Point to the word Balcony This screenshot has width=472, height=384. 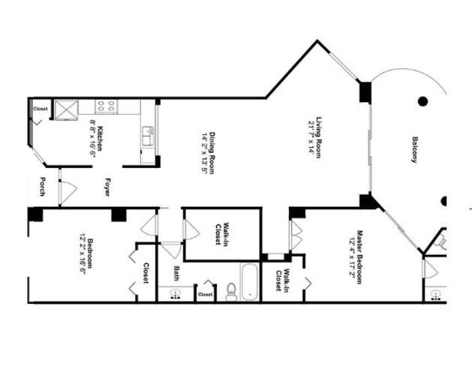(413, 150)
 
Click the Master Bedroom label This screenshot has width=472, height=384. (360, 257)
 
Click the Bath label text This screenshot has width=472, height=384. (176, 274)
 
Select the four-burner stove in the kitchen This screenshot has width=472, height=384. (106, 107)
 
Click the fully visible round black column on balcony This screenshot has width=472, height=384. (422, 101)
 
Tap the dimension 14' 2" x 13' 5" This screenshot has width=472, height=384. (203, 152)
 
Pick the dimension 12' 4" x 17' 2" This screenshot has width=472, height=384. (350, 257)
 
